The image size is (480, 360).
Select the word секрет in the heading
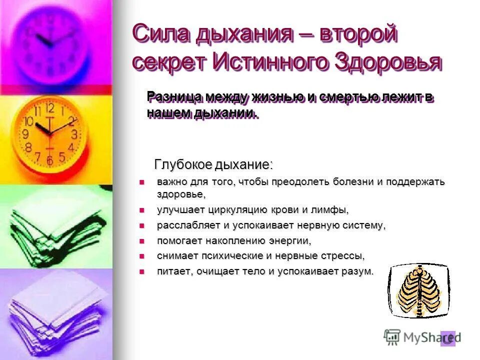click(x=169, y=62)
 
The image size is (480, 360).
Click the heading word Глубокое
click(x=183, y=164)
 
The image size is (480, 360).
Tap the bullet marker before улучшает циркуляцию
click(x=141, y=209)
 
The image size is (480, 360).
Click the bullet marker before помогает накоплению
click(x=141, y=240)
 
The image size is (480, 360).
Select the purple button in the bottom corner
click(x=448, y=338)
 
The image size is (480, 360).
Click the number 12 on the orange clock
click(x=49, y=107)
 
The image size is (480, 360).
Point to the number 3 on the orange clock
click(x=74, y=134)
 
